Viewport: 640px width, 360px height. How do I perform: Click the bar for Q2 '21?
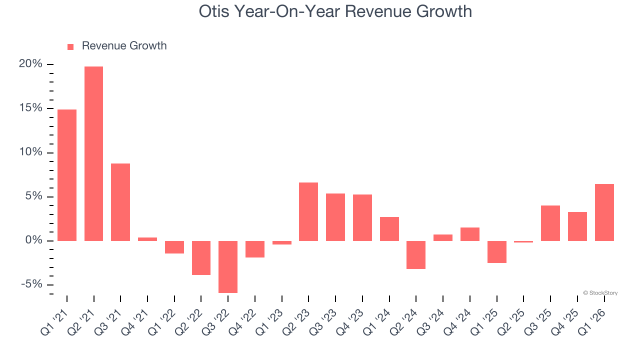click(x=93, y=153)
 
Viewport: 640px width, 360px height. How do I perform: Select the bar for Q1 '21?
click(x=67, y=175)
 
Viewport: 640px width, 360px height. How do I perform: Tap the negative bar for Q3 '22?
click(x=228, y=266)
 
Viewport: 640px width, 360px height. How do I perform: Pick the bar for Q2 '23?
click(x=308, y=211)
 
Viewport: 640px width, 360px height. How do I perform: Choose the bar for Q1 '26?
click(x=604, y=212)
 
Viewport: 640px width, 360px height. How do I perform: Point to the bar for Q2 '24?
click(x=416, y=254)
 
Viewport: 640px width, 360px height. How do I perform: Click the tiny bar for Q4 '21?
click(x=147, y=239)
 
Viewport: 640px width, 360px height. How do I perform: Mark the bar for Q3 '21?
click(x=120, y=202)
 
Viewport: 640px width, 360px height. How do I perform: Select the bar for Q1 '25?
click(x=496, y=251)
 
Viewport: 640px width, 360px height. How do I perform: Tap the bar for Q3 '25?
click(x=550, y=223)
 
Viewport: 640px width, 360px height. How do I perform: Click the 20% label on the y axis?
click(x=30, y=64)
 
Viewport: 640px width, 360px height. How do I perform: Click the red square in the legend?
click(x=70, y=46)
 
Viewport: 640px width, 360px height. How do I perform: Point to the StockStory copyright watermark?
click(x=600, y=293)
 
